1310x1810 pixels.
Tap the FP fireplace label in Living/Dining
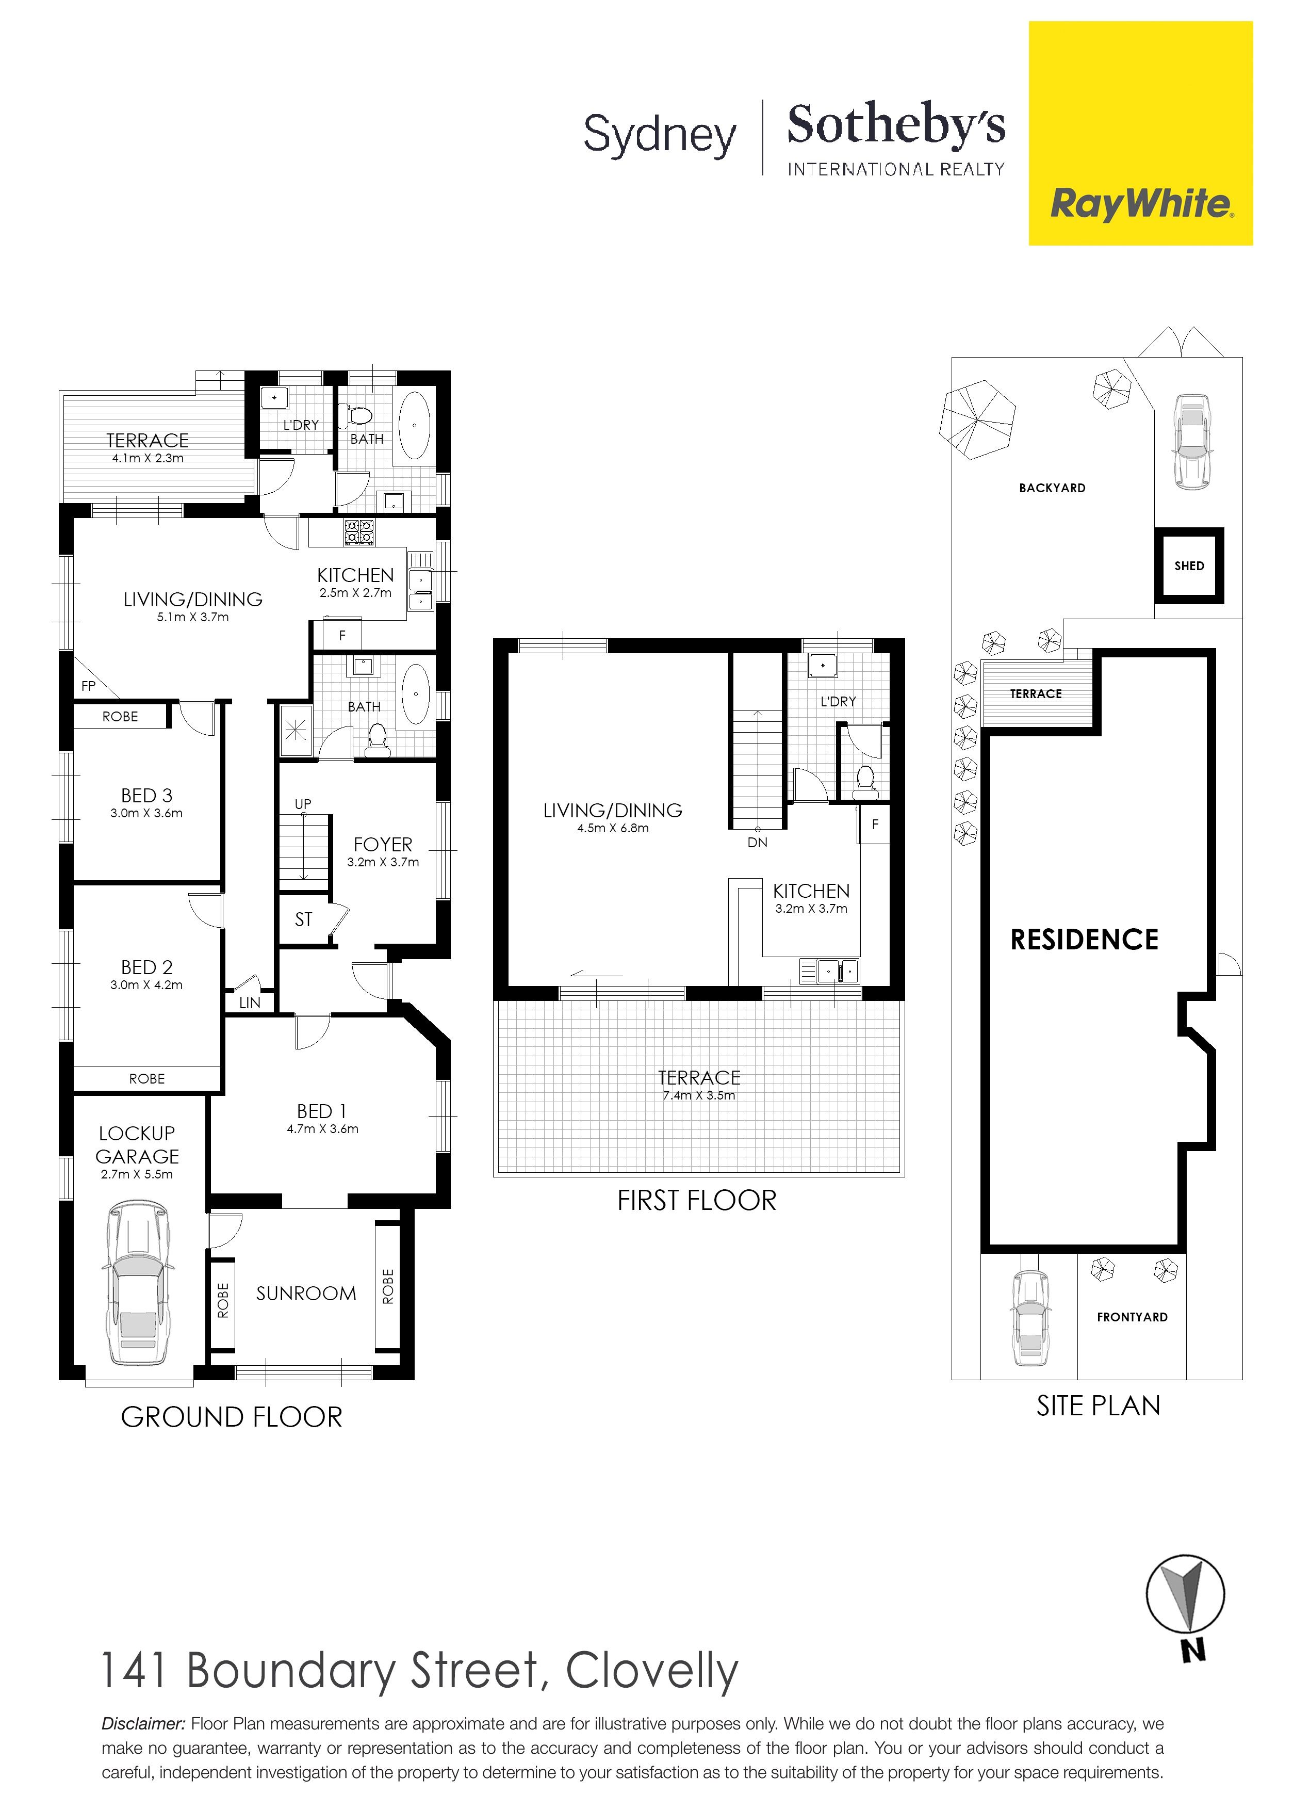(x=88, y=686)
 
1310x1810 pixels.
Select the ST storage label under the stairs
(x=303, y=919)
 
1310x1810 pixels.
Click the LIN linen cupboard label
(x=250, y=1003)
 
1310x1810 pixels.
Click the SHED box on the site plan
(x=1189, y=566)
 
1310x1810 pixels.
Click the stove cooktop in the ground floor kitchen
(x=358, y=532)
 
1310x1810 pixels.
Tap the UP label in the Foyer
(x=303, y=804)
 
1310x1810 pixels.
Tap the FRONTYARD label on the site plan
(x=1132, y=1317)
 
